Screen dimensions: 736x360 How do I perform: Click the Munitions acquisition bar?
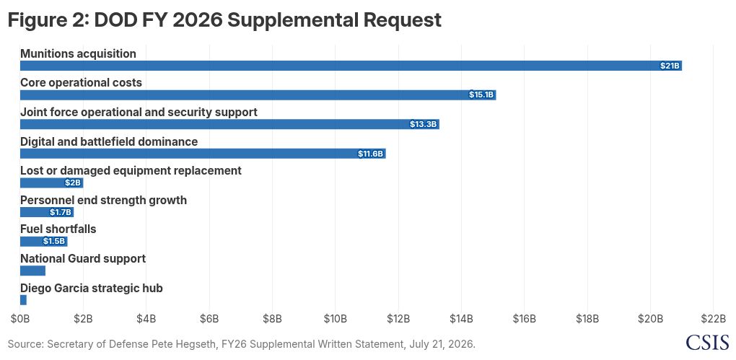tap(351, 66)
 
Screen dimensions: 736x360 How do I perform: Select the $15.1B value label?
tap(481, 95)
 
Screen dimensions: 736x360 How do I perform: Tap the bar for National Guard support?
tap(33, 271)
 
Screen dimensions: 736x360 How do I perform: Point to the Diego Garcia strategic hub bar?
tap(24, 300)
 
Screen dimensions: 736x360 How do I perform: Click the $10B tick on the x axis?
tap(335, 319)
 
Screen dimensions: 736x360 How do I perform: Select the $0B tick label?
tap(20, 319)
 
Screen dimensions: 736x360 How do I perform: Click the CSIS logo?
tap(707, 342)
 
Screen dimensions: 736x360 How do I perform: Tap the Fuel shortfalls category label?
tap(58, 229)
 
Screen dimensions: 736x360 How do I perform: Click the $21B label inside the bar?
tap(670, 66)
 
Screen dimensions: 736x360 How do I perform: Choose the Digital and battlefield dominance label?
tap(109, 141)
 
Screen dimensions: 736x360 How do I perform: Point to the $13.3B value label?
tap(424, 124)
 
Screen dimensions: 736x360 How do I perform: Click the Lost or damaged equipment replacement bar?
tap(52, 183)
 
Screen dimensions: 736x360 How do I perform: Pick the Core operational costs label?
tap(82, 83)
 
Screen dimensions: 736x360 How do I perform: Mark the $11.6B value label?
tap(372, 154)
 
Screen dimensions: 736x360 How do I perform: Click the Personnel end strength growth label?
tap(103, 201)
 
